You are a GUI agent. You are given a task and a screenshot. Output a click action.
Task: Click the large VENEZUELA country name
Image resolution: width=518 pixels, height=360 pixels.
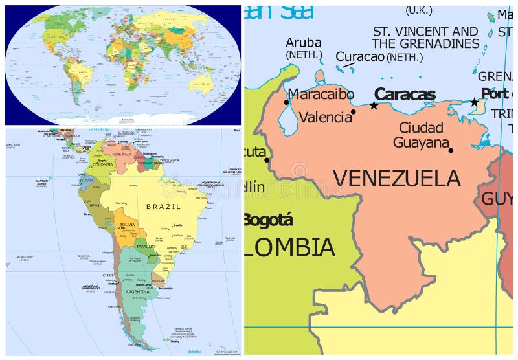[396, 178]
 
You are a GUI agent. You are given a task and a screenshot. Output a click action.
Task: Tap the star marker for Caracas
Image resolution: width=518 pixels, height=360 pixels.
[374, 106]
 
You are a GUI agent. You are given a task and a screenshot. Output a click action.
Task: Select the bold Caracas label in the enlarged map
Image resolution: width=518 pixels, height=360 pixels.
[405, 95]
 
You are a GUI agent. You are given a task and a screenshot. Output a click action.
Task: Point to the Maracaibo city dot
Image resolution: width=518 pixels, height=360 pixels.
[286, 102]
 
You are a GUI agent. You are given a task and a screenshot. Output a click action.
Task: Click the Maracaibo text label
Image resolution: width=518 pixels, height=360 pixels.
[321, 95]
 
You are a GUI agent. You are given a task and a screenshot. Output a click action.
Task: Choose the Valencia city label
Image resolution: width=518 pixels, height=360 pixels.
[325, 117]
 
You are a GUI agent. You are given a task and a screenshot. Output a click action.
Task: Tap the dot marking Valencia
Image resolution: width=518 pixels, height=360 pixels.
[354, 112]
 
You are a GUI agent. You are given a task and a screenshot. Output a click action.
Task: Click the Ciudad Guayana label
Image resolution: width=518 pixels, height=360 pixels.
[421, 135]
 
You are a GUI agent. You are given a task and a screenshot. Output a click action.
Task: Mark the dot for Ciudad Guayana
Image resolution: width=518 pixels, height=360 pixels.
[451, 150]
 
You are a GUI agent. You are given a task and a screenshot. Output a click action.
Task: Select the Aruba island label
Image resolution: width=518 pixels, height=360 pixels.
[304, 43]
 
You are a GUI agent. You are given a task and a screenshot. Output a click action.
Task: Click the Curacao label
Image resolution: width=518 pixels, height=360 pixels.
[360, 56]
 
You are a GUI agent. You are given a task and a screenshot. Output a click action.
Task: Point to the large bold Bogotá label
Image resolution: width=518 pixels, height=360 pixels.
[268, 220]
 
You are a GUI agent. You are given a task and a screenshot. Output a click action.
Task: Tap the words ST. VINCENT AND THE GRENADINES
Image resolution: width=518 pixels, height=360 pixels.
[425, 38]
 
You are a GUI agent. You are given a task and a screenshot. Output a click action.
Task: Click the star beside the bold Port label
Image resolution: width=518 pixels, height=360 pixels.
[474, 102]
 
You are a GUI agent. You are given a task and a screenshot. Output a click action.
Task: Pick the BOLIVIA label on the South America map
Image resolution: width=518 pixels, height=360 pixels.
[127, 224]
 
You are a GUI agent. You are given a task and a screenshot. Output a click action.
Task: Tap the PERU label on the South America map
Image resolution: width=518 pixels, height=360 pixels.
[94, 205]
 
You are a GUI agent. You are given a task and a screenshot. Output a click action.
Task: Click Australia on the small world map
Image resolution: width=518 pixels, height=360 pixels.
[205, 82]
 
